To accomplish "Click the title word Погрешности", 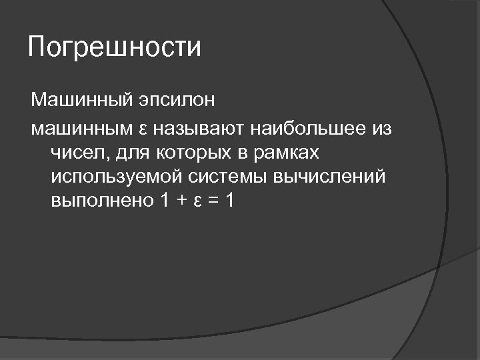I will [114, 49].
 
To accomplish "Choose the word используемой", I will [113, 177].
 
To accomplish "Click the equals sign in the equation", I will [213, 201].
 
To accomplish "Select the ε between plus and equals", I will [198, 201].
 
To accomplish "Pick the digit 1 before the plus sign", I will [165, 201].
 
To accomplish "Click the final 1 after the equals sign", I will [230, 201].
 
